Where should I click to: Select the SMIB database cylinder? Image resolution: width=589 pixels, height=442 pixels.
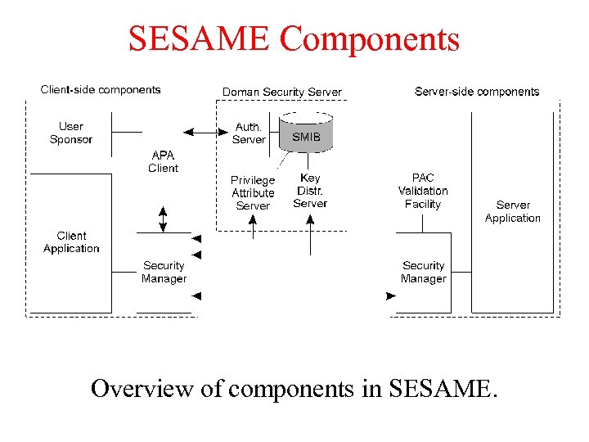click(x=306, y=133)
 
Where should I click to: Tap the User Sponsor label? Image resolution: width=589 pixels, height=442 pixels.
click(x=71, y=133)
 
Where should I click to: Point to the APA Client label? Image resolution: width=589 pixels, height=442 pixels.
click(x=163, y=161)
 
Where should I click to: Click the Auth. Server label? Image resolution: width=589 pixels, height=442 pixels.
click(x=249, y=133)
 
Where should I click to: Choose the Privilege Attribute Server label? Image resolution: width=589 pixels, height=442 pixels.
click(x=253, y=192)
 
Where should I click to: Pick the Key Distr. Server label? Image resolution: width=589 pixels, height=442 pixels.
click(x=310, y=191)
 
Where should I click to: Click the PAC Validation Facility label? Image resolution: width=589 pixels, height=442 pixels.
click(x=422, y=191)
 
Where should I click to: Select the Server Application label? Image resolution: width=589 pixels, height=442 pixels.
click(x=512, y=211)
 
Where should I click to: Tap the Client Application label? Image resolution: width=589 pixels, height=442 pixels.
click(x=71, y=242)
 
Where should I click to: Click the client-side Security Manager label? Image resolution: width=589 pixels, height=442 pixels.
click(x=164, y=272)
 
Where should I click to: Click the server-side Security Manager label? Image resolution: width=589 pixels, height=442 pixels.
click(x=423, y=272)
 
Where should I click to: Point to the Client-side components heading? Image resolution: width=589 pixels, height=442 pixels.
click(x=101, y=90)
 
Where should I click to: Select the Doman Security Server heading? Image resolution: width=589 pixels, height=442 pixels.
click(x=282, y=92)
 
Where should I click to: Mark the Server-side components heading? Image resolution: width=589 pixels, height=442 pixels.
click(x=477, y=92)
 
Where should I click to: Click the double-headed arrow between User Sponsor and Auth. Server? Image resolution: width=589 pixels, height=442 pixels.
click(x=200, y=132)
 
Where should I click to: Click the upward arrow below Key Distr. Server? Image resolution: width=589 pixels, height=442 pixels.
click(x=310, y=237)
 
